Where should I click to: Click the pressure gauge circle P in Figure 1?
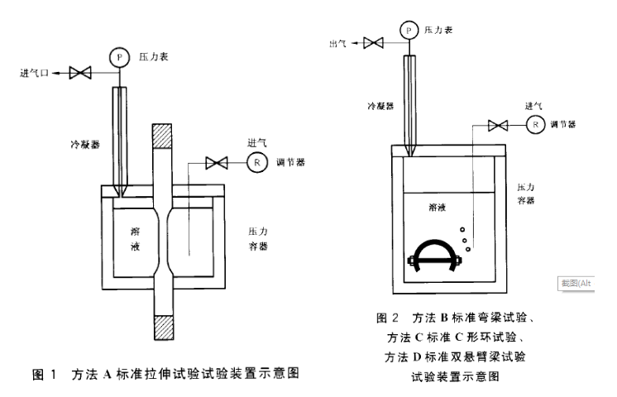pos(121,55)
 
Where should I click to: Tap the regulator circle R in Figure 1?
pos(257,163)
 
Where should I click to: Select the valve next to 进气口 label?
pos(80,73)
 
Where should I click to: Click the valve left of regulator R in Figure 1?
pos(217,163)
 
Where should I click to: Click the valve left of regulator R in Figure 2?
pos(497,125)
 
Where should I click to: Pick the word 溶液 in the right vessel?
pos(440,210)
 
